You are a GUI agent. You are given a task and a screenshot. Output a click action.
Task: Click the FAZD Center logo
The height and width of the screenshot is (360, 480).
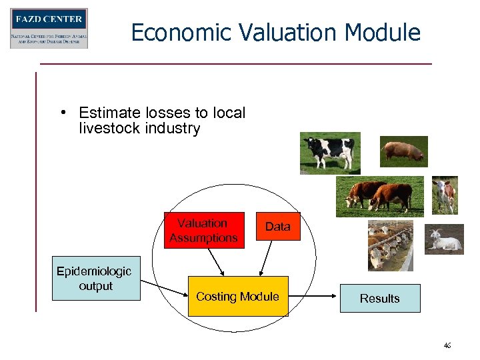pyautogui.click(x=49, y=28)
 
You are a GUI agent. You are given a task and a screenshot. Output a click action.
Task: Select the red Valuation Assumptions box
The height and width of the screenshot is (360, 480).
pyautogui.click(x=204, y=231)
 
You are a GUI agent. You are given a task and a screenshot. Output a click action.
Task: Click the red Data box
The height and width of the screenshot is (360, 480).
pyautogui.click(x=278, y=227)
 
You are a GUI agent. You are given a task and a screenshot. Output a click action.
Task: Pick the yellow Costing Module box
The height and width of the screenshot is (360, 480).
pyautogui.click(x=237, y=296)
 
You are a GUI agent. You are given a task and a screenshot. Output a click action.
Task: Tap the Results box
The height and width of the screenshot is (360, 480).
pyautogui.click(x=380, y=299)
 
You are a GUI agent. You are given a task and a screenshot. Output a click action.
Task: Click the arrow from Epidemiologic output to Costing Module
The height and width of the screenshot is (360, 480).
pyautogui.click(x=164, y=289)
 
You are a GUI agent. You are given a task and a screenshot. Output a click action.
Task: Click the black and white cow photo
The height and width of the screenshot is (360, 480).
pyautogui.click(x=330, y=153)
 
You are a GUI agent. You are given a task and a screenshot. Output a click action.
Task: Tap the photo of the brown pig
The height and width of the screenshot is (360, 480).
pyautogui.click(x=403, y=151)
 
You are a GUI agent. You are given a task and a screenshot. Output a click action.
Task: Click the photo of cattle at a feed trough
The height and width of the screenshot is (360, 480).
pyautogui.click(x=391, y=245)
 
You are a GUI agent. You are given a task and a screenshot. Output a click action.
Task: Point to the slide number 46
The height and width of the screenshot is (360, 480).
pyautogui.click(x=447, y=345)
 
